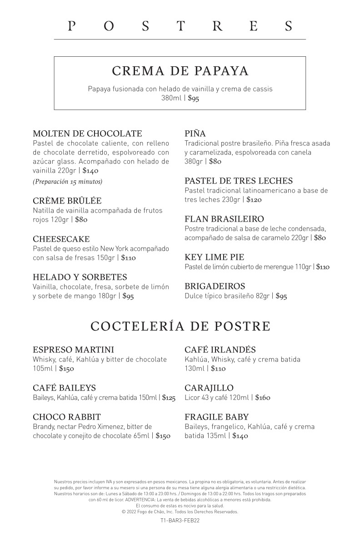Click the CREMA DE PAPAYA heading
180,71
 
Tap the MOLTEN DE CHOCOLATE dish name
87,134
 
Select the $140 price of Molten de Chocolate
90,171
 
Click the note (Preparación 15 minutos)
68,182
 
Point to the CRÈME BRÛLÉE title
67,201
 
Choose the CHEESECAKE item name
61,239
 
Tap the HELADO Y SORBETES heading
80,277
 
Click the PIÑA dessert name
195,134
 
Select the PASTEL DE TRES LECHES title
239,181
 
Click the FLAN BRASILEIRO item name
224,219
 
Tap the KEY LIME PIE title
215,257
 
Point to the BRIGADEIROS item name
215,286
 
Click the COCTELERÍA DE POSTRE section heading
180,326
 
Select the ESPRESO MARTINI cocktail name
74,350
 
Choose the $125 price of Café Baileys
169,398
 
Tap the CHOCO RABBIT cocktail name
67,417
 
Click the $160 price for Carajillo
263,398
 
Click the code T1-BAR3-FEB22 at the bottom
180,521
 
